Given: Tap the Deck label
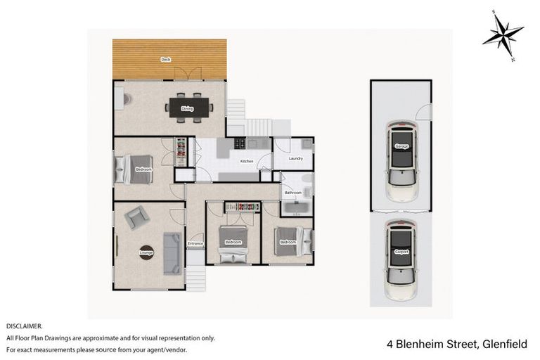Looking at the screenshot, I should tap(166, 59).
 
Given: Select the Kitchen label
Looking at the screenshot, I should tap(246, 162).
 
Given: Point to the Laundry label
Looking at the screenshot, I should tap(296, 158).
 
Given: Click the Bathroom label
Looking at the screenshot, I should tap(292, 192).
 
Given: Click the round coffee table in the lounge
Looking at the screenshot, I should tap(147, 252).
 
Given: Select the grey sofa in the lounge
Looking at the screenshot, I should tap(171, 253).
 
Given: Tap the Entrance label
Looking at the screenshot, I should tap(195, 244).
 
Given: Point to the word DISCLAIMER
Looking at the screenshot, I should tap(25, 327).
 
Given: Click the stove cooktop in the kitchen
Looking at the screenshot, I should tap(240, 143).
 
